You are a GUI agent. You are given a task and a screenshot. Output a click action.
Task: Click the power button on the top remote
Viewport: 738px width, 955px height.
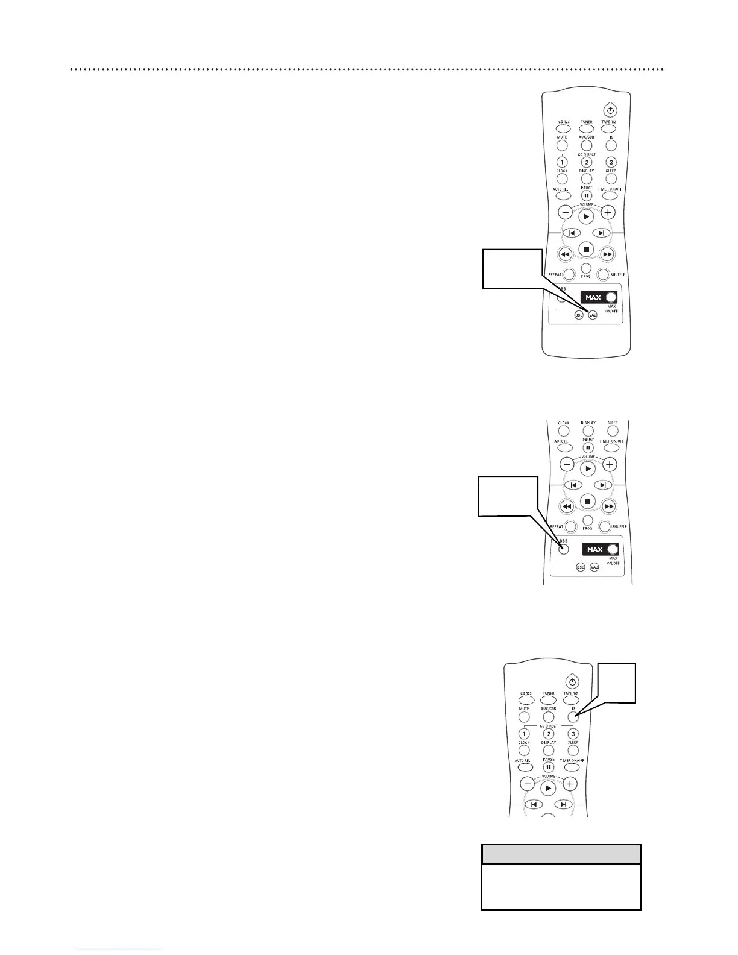coord(610,110)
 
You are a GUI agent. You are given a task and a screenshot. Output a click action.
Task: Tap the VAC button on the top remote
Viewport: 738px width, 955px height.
coord(593,315)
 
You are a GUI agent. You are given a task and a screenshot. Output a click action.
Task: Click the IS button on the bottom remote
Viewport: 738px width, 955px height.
coord(573,717)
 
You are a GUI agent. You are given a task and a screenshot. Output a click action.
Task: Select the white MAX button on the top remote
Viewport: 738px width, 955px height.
coord(611,297)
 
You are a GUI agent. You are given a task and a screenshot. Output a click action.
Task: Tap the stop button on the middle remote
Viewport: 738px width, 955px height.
coord(588,501)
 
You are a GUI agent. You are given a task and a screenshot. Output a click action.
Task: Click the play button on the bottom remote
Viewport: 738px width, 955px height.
coord(548,788)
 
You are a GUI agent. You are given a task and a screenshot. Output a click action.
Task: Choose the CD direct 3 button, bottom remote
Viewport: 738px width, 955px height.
coord(573,734)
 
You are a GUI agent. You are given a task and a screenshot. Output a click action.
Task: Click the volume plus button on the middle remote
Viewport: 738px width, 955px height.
coord(610,464)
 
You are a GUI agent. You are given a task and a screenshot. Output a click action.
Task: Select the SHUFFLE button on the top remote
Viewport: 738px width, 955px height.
coord(603,274)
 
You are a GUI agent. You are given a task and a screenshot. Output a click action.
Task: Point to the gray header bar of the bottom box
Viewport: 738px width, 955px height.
coord(561,854)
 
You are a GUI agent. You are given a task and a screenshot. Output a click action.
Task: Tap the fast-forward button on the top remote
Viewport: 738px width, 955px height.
coord(608,254)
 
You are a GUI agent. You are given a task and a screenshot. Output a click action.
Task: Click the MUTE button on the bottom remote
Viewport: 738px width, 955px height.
coord(524,717)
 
